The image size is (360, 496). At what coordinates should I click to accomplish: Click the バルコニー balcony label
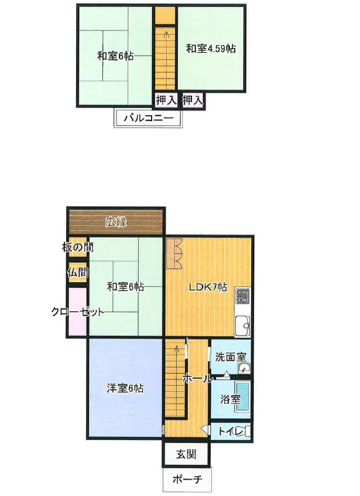pyautogui.click(x=149, y=119)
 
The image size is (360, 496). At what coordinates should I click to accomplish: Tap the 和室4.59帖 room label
pyautogui.click(x=211, y=49)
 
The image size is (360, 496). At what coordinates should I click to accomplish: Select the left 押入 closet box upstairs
pyautogui.click(x=166, y=100)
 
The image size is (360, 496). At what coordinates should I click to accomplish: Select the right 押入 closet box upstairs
pyautogui.click(x=193, y=100)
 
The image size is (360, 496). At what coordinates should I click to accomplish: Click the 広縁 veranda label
pyautogui.click(x=116, y=222)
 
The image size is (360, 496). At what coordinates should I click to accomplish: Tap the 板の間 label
pyautogui.click(x=75, y=247)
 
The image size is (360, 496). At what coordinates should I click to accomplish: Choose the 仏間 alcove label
pyautogui.click(x=77, y=273)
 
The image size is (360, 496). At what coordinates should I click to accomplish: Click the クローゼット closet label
pyautogui.click(x=77, y=312)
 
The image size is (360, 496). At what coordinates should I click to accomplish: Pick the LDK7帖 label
pyautogui.click(x=207, y=287)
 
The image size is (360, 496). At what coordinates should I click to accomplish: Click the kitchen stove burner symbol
pyautogui.click(x=243, y=298)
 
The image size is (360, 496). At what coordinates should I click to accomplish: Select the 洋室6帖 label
pyautogui.click(x=125, y=388)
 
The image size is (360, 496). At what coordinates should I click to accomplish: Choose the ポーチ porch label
pyautogui.click(x=187, y=480)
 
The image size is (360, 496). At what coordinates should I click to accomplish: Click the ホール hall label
pyautogui.click(x=198, y=378)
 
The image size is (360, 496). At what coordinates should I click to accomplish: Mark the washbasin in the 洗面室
pyautogui.click(x=244, y=368)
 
